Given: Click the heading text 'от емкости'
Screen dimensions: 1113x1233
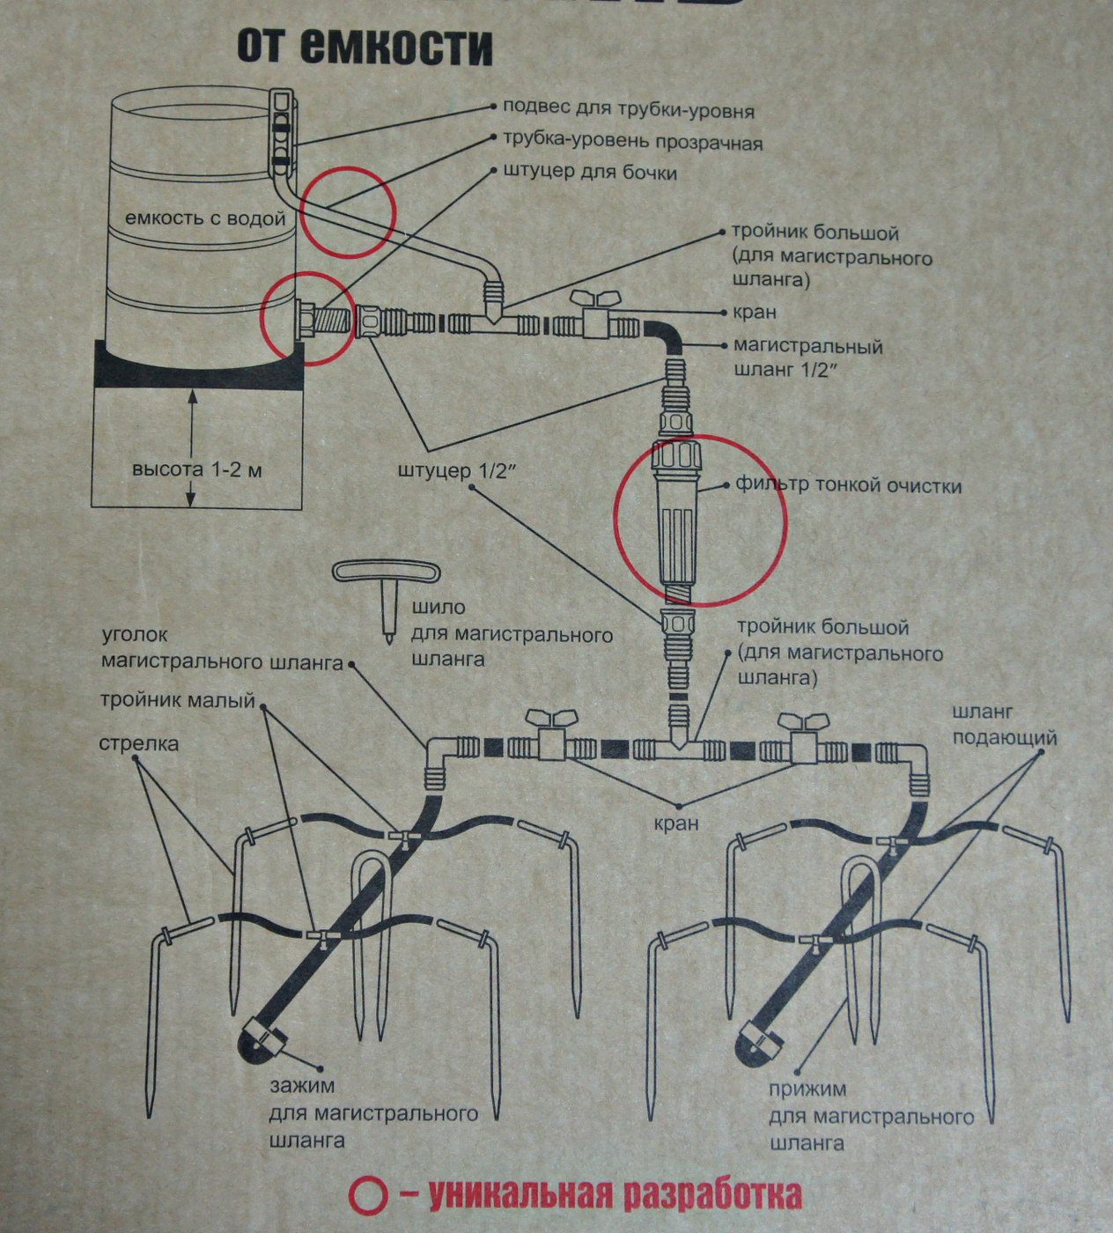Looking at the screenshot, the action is [x=365, y=47].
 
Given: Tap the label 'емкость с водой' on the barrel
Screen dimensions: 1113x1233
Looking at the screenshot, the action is [x=205, y=218].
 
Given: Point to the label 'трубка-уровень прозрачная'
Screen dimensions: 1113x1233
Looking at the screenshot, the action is [x=633, y=141].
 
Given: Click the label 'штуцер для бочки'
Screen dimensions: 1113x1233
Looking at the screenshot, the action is [x=590, y=172].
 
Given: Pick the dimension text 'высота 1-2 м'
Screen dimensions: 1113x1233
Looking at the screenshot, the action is [x=197, y=469].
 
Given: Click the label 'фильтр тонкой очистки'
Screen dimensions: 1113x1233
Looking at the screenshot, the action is [x=849, y=485].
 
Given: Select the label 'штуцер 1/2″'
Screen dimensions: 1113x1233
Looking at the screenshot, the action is [x=455, y=470].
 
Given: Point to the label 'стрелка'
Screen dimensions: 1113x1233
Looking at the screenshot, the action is [x=139, y=743].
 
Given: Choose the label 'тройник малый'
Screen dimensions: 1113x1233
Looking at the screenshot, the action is [x=178, y=700].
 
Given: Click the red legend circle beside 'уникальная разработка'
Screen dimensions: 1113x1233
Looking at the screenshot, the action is [x=369, y=1195].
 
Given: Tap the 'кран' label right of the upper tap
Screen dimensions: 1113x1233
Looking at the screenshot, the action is [x=755, y=312].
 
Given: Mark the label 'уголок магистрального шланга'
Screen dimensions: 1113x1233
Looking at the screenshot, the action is [x=222, y=648].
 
